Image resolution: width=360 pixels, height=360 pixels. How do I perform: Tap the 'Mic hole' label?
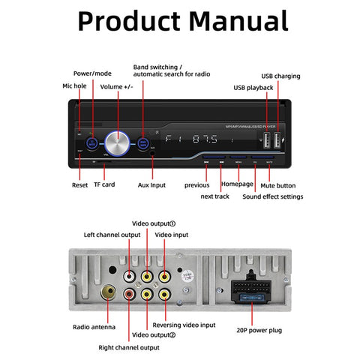tap(75, 86)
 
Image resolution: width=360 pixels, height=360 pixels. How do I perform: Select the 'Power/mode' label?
tap(93, 73)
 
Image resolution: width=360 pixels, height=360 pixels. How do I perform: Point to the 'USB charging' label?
tap(280, 76)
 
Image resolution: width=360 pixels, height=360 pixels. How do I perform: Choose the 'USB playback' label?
tap(253, 88)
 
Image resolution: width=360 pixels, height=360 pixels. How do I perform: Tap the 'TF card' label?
tap(103, 184)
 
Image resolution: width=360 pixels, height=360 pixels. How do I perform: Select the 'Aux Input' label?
tap(152, 184)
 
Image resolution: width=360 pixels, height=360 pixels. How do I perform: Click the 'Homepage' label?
tap(237, 184)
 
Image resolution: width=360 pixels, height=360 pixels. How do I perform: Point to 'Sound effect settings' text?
tap(272, 196)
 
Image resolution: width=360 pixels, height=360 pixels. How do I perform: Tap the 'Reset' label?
tap(79, 184)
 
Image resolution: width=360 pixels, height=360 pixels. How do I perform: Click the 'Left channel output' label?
tap(112, 235)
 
